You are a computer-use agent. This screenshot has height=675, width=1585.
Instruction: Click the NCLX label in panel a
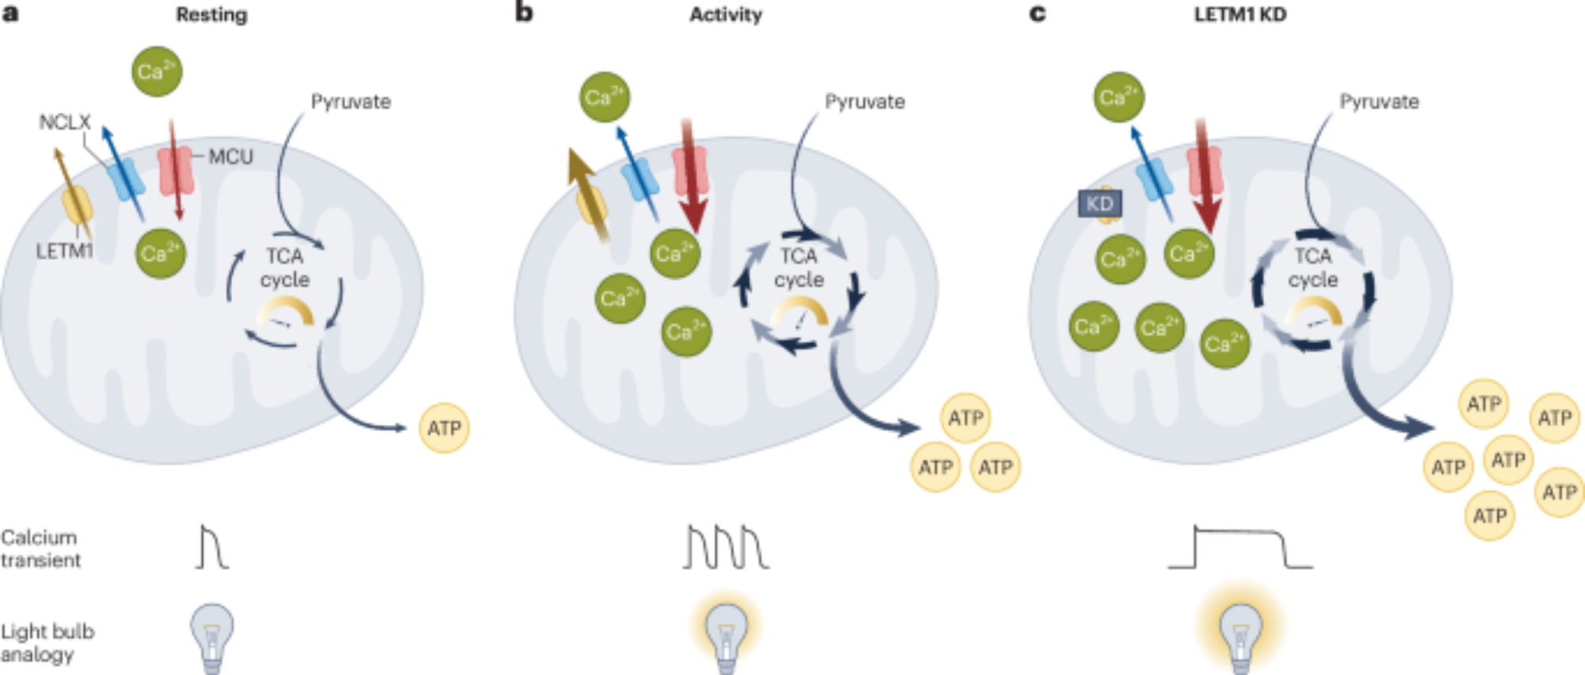[65, 122]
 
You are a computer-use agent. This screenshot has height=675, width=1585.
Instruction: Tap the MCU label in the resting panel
[231, 156]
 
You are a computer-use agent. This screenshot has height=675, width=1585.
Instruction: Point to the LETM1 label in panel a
[64, 251]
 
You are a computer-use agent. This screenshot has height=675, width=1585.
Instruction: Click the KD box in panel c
[1099, 204]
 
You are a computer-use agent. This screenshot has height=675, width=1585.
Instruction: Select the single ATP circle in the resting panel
[444, 428]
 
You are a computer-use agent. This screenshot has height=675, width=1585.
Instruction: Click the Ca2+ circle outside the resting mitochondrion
[157, 71]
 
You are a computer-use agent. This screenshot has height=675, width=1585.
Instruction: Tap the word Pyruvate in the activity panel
[865, 101]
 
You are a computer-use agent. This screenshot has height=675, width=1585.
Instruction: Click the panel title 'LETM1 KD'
[1239, 14]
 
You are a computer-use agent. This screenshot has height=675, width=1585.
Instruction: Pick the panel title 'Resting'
[212, 14]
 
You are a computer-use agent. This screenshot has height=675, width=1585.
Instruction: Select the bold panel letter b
[524, 13]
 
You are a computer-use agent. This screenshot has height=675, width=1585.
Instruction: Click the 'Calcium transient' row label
[40, 548]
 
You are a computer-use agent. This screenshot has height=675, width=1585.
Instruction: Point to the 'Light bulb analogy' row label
[47, 643]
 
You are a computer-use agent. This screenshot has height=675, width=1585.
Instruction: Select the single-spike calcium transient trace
[212, 547]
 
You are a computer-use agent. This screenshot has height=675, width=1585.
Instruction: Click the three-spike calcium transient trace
[726, 547]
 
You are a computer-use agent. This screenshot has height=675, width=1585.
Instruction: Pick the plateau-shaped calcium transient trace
[1240, 547]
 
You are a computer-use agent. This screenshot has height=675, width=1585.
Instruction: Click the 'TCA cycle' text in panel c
[1313, 268]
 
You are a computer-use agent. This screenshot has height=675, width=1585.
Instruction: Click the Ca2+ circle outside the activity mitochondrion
[605, 97]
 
